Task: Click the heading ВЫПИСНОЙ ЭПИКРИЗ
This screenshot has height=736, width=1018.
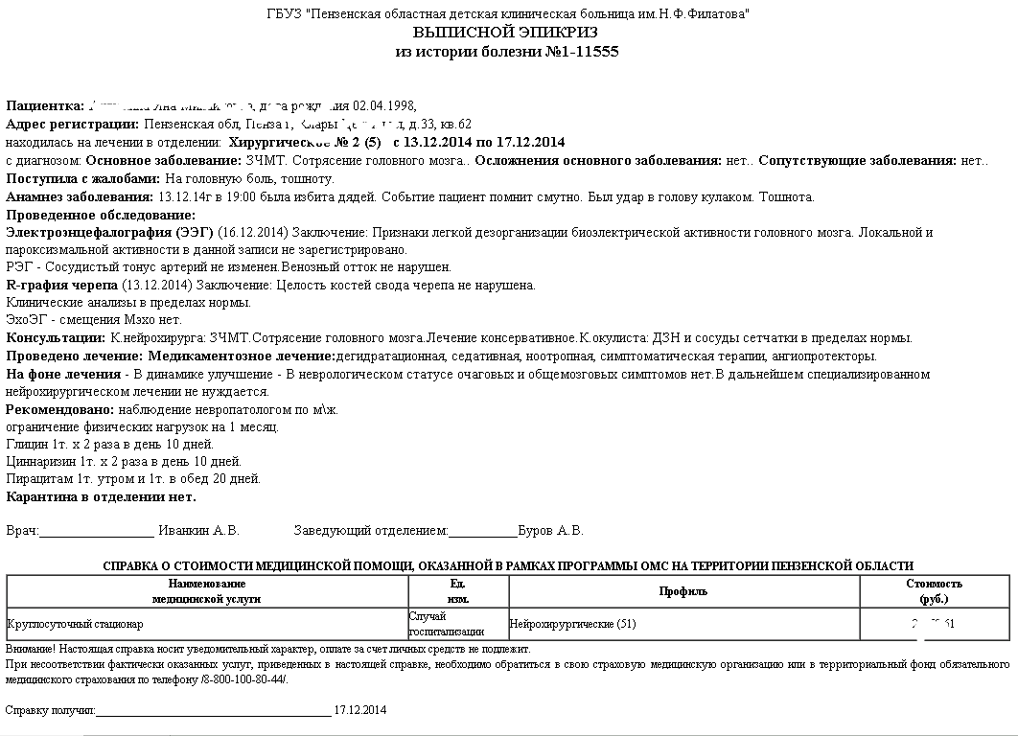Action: click(x=508, y=32)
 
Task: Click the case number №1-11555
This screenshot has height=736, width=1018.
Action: click(x=569, y=51)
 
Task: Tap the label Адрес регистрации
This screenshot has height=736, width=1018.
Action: click(x=73, y=125)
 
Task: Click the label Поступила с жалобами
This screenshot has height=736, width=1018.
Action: click(x=83, y=178)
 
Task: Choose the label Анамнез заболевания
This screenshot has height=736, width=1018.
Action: click(x=74, y=196)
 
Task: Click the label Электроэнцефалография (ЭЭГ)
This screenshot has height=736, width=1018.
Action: click(x=109, y=233)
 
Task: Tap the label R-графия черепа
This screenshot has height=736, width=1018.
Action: click(x=62, y=286)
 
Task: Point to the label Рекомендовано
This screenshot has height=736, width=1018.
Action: click(x=59, y=410)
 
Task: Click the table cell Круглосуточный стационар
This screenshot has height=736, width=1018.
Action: click(x=75, y=625)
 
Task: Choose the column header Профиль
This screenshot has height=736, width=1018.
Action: click(x=683, y=591)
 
